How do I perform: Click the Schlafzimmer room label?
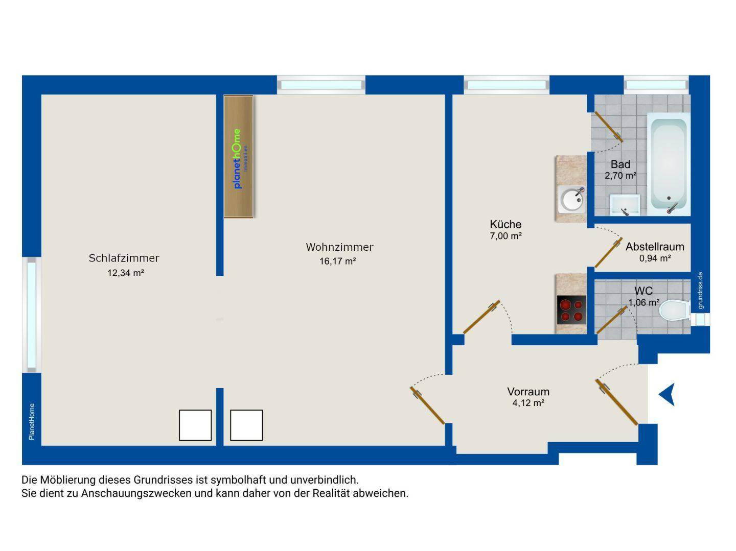click(124, 258)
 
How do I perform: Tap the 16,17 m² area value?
click(337, 261)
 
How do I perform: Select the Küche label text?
click(505, 224)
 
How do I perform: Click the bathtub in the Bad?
click(668, 164)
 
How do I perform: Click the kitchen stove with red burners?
click(571, 310)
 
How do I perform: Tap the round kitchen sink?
click(572, 200)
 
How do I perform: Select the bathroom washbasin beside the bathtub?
click(625, 205)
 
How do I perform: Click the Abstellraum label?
click(655, 247)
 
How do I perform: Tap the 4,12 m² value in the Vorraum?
click(528, 403)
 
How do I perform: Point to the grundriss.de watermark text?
click(700, 291)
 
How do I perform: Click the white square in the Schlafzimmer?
click(195, 425)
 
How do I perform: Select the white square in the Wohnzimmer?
click(246, 425)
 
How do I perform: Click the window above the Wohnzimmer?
click(321, 85)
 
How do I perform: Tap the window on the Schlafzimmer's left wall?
click(32, 315)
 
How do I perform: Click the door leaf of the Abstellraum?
click(608, 253)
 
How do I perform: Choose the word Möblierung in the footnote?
click(68, 480)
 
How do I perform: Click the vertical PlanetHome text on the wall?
click(32, 421)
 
